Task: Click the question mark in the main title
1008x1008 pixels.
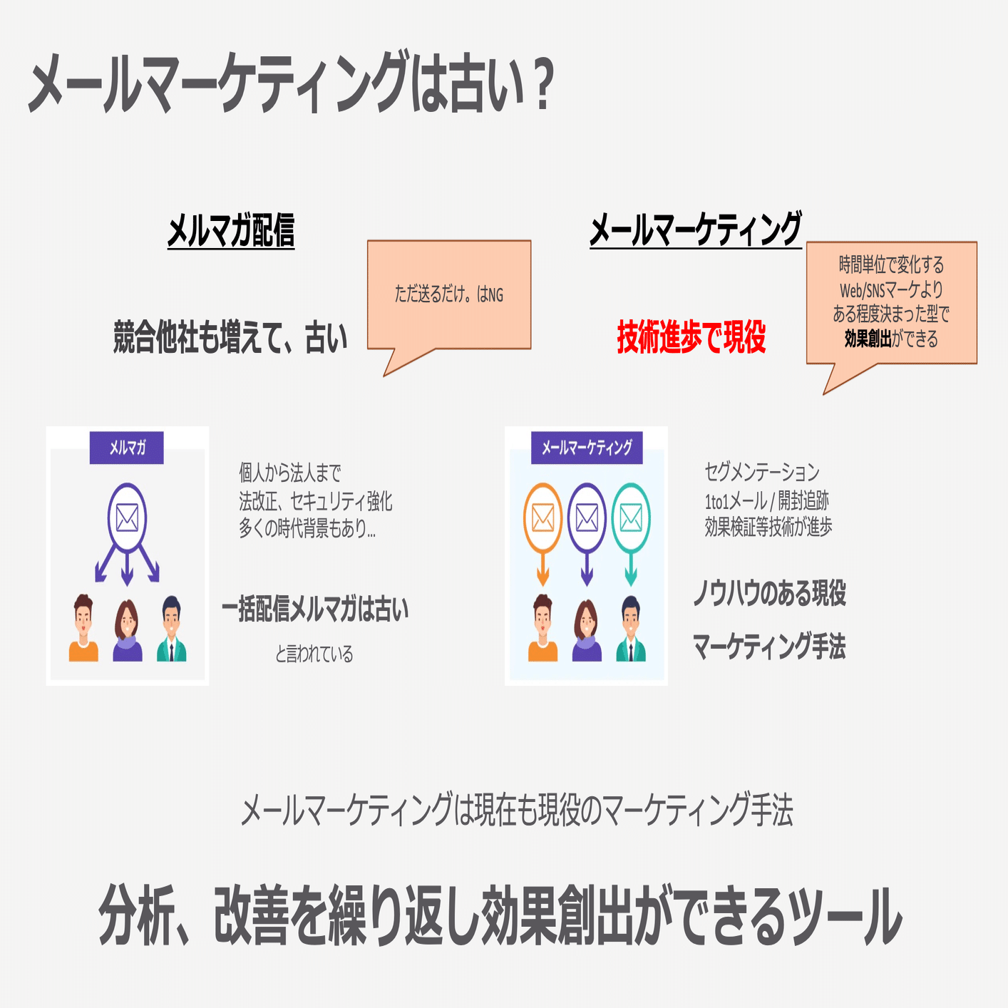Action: (542, 86)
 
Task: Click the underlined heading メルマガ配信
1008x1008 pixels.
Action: (230, 230)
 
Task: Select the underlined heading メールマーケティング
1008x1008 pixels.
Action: (695, 230)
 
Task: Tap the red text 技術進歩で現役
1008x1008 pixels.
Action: (691, 337)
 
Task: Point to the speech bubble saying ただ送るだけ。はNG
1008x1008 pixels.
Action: (449, 294)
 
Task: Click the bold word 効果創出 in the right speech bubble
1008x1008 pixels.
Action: (868, 339)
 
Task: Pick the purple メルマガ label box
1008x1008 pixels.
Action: (127, 448)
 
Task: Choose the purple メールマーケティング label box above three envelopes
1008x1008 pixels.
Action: (586, 448)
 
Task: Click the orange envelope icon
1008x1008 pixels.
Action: (542, 518)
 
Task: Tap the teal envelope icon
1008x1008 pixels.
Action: (631, 518)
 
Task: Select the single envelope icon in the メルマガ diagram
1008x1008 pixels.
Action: (127, 518)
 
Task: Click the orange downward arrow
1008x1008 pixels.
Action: (542, 570)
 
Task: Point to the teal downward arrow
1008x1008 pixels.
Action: (631, 570)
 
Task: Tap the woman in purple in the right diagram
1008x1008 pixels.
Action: (587, 630)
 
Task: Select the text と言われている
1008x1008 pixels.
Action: (314, 654)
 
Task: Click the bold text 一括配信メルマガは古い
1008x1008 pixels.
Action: (315, 610)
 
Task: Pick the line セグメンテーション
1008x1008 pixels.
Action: (762, 472)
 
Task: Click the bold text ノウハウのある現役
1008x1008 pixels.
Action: (770, 593)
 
